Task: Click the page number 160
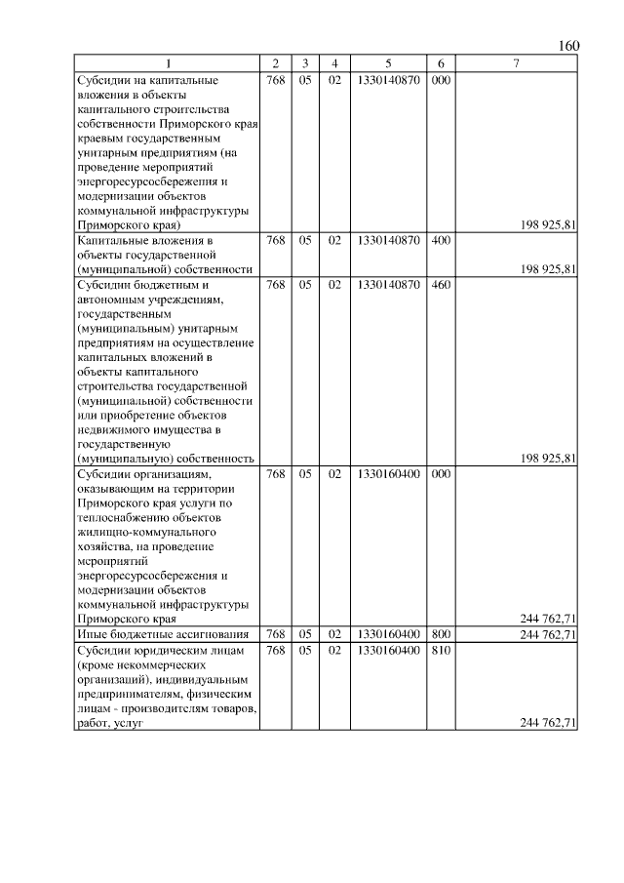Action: (569, 46)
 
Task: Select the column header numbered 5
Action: (388, 64)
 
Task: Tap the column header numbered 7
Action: (516, 64)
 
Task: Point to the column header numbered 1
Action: (167, 64)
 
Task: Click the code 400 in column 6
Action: (440, 240)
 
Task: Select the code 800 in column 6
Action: (440, 634)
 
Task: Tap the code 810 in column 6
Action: (440, 650)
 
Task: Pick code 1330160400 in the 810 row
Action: (388, 650)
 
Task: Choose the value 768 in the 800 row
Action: (275, 634)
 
